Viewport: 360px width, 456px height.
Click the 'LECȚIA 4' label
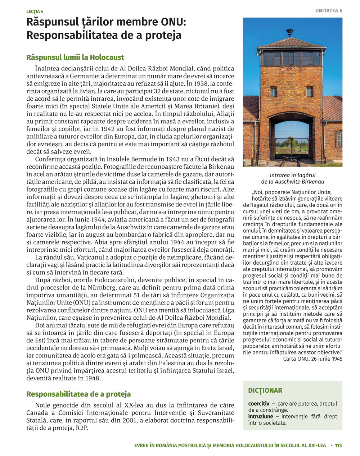click(x=35, y=12)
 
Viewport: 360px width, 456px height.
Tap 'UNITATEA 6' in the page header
click(x=329, y=11)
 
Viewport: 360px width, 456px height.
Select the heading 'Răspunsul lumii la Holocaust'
click(x=75, y=57)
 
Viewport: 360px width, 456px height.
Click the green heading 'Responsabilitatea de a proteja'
click(x=78, y=394)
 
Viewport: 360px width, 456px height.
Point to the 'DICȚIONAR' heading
click(x=265, y=390)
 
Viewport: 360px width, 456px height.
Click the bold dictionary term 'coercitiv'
click(x=258, y=404)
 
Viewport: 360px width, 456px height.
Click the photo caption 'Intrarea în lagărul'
click(x=292, y=175)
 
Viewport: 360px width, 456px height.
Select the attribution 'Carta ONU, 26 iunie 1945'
click(x=312, y=359)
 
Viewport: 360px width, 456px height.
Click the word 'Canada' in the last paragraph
click(x=37, y=413)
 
